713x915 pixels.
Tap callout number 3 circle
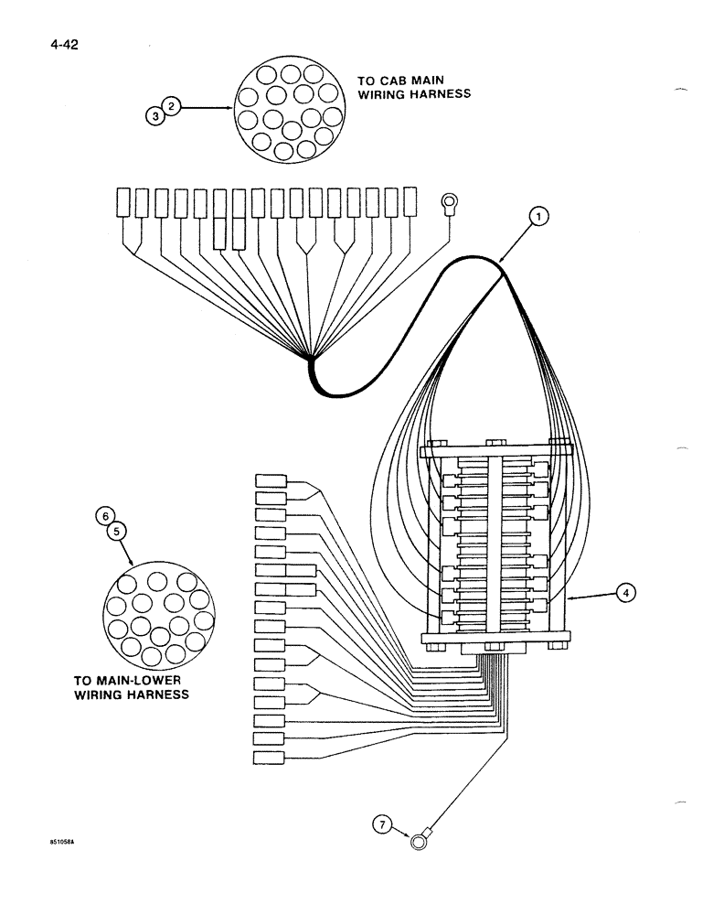click(156, 116)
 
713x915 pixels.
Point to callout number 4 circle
click(624, 593)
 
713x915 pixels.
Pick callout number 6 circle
click(105, 516)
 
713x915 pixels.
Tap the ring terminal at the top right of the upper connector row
click(450, 203)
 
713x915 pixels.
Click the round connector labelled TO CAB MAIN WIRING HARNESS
click(291, 107)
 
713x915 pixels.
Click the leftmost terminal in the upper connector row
click(124, 201)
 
